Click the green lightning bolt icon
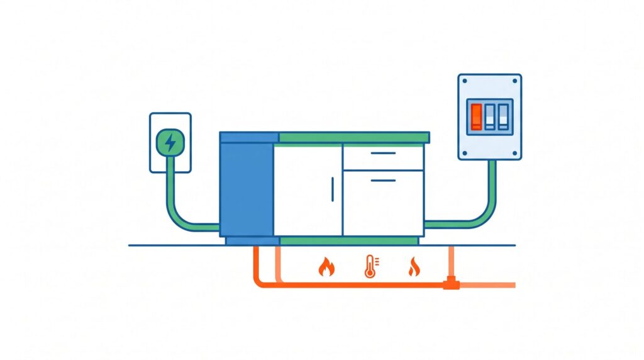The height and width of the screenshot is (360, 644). click(x=170, y=143)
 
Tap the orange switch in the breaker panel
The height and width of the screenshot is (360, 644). click(x=477, y=116)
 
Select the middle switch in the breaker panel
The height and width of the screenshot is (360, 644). click(x=490, y=116)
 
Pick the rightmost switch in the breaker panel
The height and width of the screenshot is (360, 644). click(x=502, y=116)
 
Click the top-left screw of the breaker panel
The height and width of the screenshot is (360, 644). click(x=465, y=81)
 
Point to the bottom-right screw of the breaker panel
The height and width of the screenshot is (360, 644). click(x=515, y=153)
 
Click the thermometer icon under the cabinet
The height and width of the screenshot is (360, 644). click(x=369, y=267)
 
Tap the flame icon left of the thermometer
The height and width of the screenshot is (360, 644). click(x=326, y=267)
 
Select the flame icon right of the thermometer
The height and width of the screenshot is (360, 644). click(x=413, y=267)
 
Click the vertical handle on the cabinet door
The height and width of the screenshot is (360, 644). click(x=332, y=189)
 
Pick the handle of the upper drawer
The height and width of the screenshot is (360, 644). click(x=383, y=153)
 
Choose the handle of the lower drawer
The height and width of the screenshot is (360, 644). click(x=383, y=180)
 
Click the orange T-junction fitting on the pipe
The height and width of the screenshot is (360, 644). click(x=450, y=284)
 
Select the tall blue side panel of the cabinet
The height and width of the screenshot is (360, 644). click(x=247, y=189)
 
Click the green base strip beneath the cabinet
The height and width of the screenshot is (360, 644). click(x=349, y=240)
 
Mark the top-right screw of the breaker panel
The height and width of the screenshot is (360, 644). click(x=515, y=81)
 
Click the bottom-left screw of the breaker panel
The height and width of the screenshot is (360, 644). click(x=465, y=153)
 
